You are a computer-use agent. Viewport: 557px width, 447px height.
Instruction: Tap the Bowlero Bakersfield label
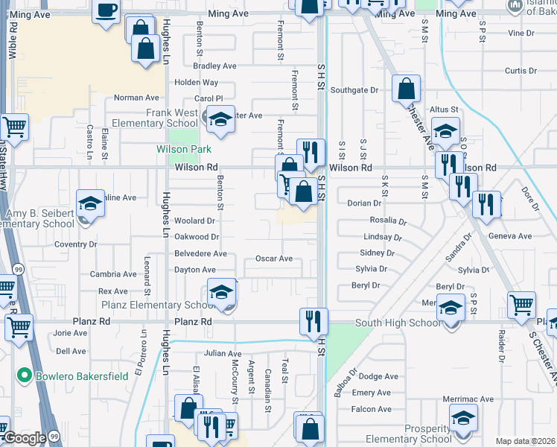click(81, 374)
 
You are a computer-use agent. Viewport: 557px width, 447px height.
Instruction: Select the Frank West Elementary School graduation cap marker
click(220, 119)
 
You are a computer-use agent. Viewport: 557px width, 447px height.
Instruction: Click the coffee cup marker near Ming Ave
click(106, 10)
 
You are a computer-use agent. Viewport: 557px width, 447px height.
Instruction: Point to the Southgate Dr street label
click(354, 90)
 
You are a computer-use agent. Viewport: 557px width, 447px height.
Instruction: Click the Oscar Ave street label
click(274, 259)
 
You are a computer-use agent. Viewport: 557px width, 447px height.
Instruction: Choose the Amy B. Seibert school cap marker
click(90, 203)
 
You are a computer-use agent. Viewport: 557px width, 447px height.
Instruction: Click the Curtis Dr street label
click(521, 71)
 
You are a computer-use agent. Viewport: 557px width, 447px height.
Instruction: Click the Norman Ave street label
click(136, 98)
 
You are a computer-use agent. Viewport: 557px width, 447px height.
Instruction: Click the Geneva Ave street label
click(510, 236)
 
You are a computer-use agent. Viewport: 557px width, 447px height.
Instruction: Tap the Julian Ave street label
click(223, 354)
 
